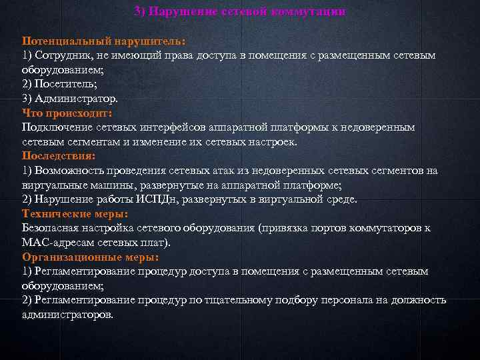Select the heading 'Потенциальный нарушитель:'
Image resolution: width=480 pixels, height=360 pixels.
pos(103,40)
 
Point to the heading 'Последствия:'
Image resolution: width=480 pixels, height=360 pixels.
pos(59,155)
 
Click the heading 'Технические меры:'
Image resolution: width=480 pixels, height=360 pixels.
pos(75,213)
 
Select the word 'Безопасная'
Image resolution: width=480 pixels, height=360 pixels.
pos(53,228)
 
